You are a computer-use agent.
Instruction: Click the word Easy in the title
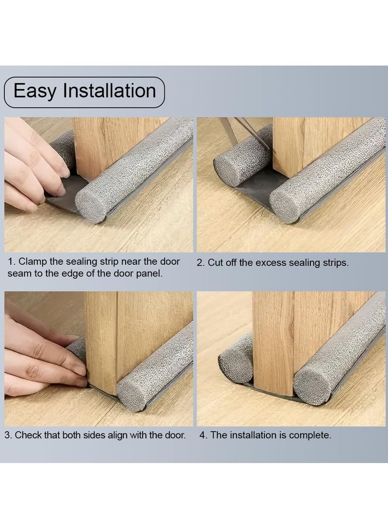pyautogui.click(x=35, y=91)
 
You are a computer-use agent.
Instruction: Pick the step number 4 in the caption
pyautogui.click(x=202, y=435)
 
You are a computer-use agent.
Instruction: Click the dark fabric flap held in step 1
pyautogui.click(x=64, y=193)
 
